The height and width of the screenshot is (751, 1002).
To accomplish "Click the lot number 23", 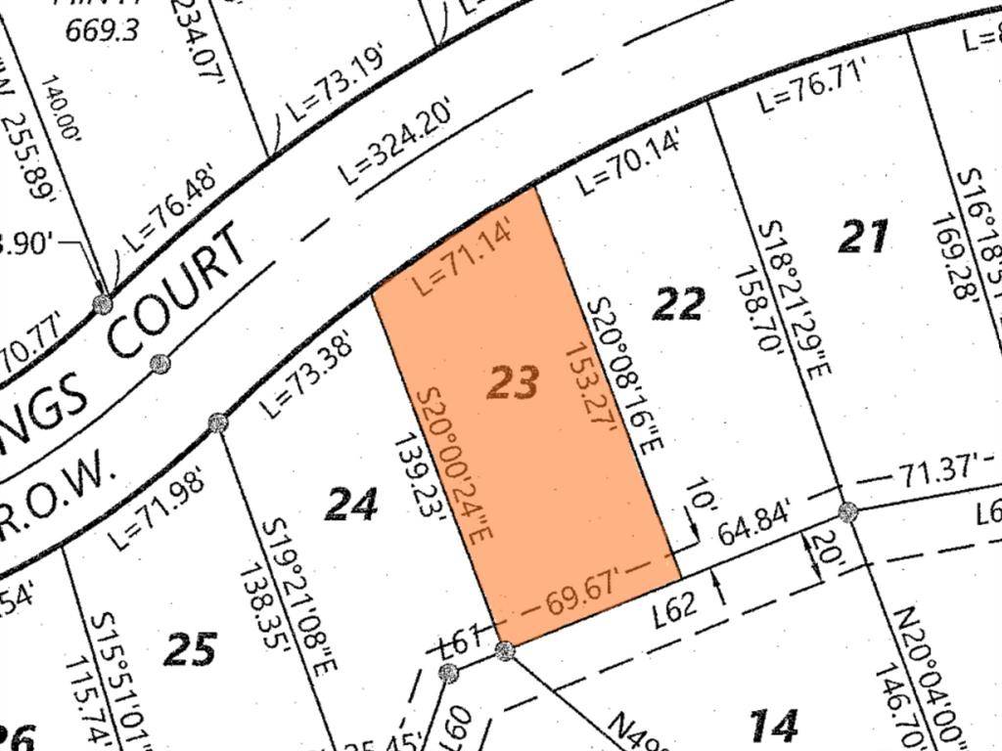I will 513,382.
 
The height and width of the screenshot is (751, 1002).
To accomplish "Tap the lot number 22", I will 678,304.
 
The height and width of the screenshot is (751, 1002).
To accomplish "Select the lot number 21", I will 864,237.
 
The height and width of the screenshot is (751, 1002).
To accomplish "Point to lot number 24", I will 351,505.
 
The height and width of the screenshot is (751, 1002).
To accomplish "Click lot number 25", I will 190,648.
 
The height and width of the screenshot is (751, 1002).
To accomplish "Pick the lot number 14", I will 774,725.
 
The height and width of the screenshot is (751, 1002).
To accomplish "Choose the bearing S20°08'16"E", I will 625,376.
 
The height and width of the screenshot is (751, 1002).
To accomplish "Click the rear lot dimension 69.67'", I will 587,592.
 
